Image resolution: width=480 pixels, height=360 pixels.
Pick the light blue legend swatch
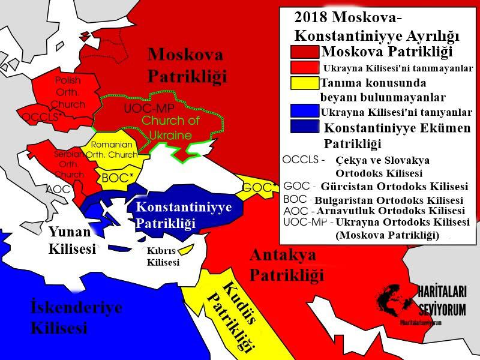[305, 110]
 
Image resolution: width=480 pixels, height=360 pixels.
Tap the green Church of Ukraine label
[167, 127]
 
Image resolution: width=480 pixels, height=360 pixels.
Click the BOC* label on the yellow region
[116, 178]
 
